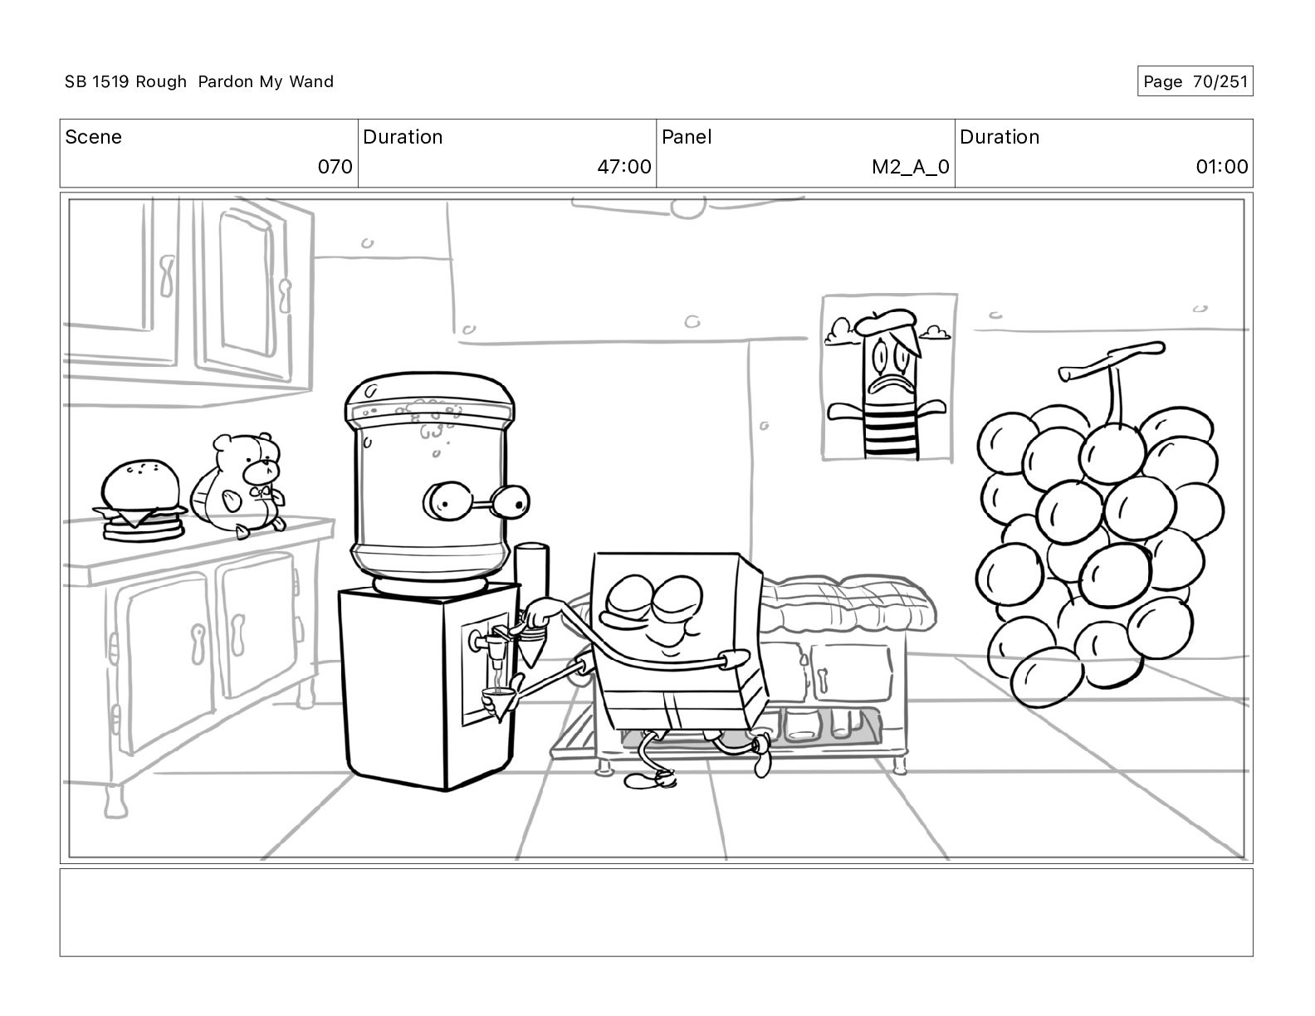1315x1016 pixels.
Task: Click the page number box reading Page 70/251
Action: point(1195,81)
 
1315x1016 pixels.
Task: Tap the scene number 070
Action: point(335,166)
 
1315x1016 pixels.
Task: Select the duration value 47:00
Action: point(624,166)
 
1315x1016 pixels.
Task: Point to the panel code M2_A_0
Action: point(910,167)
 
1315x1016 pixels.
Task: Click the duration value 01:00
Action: point(1222,166)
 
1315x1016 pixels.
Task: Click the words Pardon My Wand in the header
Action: point(266,81)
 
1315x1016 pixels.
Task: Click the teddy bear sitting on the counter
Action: point(239,484)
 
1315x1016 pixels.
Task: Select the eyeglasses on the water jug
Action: point(476,501)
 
